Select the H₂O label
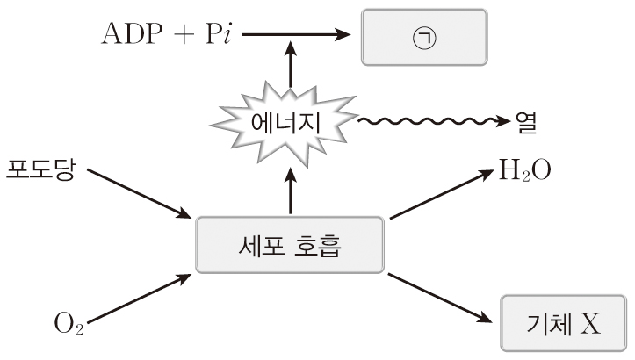tap(525, 169)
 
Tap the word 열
tap(526, 122)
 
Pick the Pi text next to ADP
tap(210, 36)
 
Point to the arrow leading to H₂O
tap(439, 194)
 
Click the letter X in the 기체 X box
tap(590, 324)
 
